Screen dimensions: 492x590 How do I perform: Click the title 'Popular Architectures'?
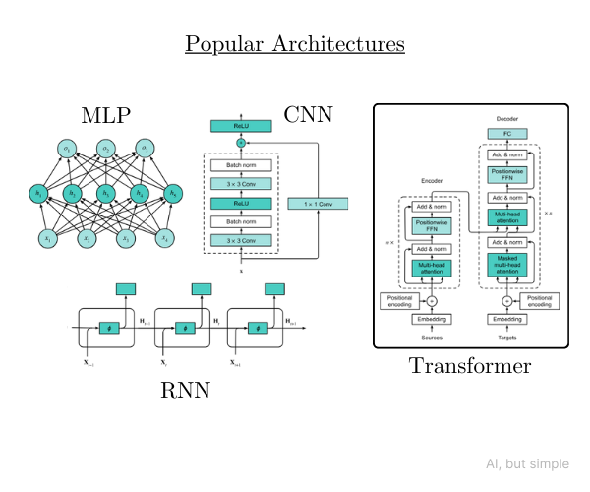295,45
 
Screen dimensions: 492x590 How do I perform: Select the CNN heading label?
308,114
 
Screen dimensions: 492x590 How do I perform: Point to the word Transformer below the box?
470,366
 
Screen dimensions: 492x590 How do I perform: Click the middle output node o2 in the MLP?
106,150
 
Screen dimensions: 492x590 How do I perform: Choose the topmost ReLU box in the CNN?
241,126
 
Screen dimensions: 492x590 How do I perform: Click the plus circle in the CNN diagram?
241,144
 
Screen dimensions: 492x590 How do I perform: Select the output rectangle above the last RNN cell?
276,287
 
